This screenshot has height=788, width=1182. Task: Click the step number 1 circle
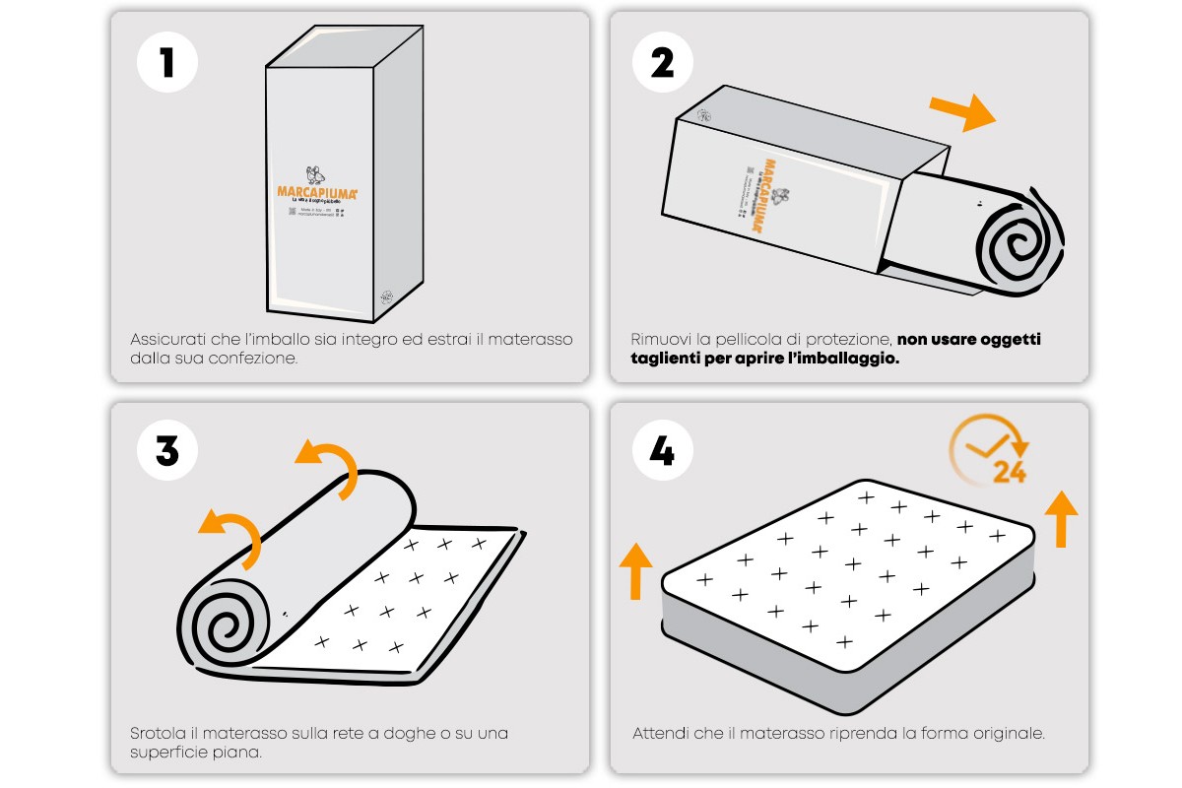pyautogui.click(x=167, y=62)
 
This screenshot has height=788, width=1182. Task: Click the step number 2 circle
pyautogui.click(x=663, y=62)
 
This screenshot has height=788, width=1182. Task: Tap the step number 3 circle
pyautogui.click(x=167, y=450)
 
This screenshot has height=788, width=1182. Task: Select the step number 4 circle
pyautogui.click(x=663, y=450)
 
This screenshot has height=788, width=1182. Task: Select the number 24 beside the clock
pyautogui.click(x=1010, y=473)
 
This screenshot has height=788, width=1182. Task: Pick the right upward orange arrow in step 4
pyautogui.click(x=1060, y=517)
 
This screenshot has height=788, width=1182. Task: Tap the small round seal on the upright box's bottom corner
pyautogui.click(x=387, y=296)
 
